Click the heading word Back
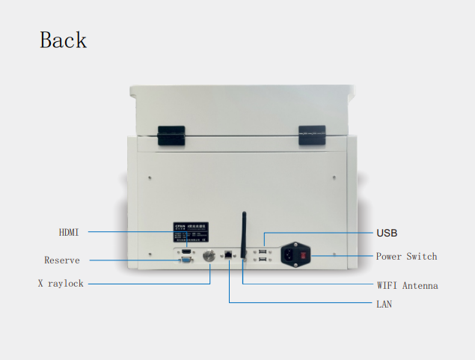pos(63,40)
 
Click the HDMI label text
pos(68,232)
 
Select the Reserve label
pos(62,260)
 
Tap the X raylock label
pos(61,284)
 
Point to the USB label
pos(387,233)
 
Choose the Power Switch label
pos(406,256)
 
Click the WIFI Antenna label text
pos(407,285)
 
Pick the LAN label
pos(383,304)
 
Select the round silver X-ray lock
pos(210,256)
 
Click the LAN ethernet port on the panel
pos(228,257)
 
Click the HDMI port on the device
pos(186,251)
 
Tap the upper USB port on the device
pos(262,251)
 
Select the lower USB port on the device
pos(262,260)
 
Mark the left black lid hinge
pos(171,135)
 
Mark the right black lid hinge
pos(312,135)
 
